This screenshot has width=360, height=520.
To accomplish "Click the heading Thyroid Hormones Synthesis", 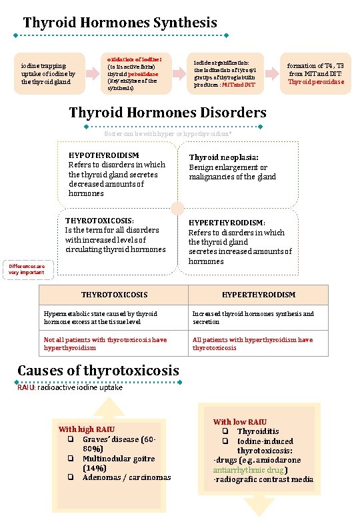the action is [119, 23].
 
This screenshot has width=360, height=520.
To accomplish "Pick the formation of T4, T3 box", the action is [315, 73].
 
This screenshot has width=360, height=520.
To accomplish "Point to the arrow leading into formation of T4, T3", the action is [271, 73].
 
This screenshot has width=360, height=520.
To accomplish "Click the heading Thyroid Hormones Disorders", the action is [167, 112].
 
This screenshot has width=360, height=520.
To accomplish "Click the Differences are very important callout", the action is [27, 269].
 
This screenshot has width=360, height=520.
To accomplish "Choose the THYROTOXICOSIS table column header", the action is [114, 294].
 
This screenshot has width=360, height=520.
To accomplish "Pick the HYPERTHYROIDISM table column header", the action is [259, 294].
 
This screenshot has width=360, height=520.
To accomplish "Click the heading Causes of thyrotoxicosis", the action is [98, 370].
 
